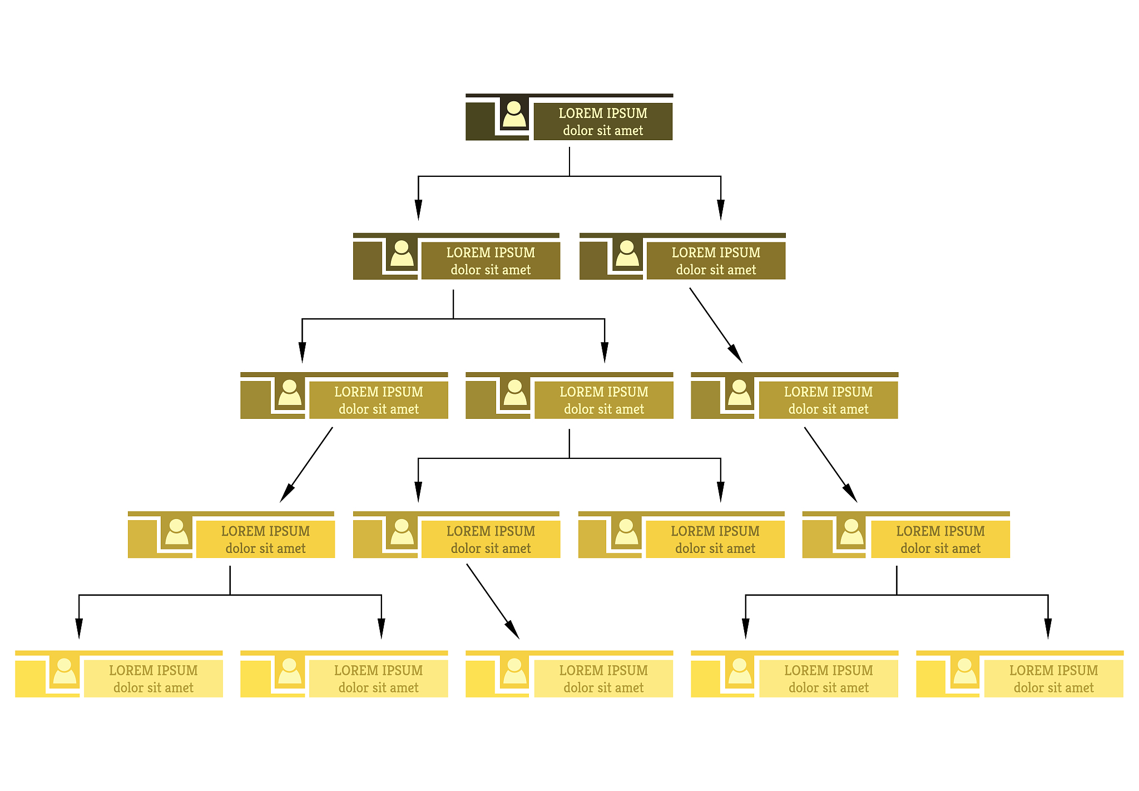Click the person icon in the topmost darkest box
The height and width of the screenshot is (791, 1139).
point(514,114)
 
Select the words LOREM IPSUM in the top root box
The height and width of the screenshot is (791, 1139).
point(603,113)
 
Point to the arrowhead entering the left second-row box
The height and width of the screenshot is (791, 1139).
point(418,210)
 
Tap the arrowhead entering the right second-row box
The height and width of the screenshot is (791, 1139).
point(721,210)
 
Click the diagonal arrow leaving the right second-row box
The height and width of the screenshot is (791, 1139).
point(716,325)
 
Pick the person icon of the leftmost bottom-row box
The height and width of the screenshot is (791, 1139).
point(65,671)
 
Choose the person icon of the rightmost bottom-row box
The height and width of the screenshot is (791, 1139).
point(965,671)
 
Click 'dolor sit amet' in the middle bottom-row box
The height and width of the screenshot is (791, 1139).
point(603,688)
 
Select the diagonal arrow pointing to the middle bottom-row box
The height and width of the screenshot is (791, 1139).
point(493,601)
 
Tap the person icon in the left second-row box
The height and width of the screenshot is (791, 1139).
point(402,253)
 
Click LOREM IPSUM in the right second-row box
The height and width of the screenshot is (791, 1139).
point(716,253)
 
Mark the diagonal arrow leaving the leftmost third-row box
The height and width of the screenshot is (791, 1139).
point(306,464)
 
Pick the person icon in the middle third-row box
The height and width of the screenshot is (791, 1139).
point(515,393)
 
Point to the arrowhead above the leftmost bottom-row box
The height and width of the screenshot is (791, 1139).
point(79,629)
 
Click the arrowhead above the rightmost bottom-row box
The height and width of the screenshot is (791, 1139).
point(1048,629)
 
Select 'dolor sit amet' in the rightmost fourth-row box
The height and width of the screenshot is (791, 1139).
point(940,548)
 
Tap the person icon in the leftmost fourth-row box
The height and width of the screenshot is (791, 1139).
point(177,532)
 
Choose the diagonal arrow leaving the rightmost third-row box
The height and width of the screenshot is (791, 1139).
point(831,464)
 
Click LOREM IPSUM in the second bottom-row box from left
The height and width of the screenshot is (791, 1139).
point(378,670)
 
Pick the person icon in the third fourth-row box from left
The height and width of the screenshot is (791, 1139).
point(626,532)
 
